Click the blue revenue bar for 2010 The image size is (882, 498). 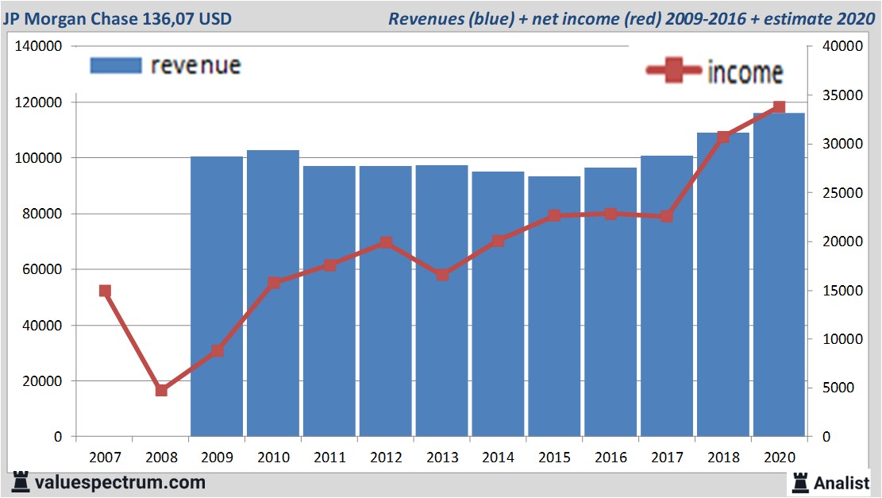pos(273,294)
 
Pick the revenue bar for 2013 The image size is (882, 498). pos(441,301)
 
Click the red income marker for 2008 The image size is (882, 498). pos(161,390)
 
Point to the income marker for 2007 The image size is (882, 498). pos(105,291)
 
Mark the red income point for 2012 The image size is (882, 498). pos(386,242)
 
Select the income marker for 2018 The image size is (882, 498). pos(723,137)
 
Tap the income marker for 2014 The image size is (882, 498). pos(498,241)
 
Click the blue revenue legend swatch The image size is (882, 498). pos(116,65)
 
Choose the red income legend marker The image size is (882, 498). pos(672,71)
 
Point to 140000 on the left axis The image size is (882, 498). pos(39,47)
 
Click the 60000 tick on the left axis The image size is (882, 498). pos(42,269)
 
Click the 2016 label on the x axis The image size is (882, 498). pos(610,457)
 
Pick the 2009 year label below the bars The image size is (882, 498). pos(217,457)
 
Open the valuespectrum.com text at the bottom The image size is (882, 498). pos(119,482)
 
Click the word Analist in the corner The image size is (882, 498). pos(841,482)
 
